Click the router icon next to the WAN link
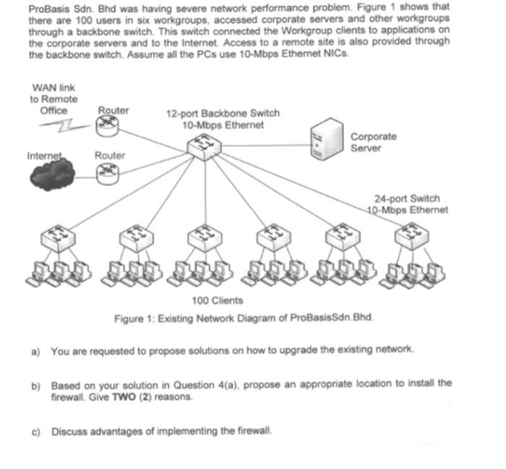point(109,127)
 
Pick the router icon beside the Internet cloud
point(109,172)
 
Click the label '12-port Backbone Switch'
point(223,114)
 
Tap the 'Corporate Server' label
point(374,142)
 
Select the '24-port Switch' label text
point(406,198)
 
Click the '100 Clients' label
point(217,300)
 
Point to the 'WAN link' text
point(53,88)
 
